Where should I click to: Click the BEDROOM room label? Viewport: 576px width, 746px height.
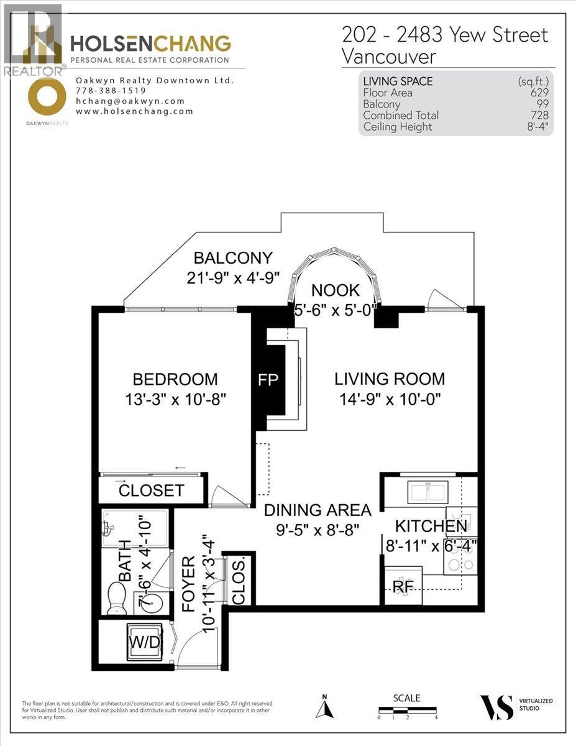[x=175, y=379]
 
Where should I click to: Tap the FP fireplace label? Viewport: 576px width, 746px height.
[x=271, y=380]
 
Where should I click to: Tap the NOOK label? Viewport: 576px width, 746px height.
[x=335, y=289]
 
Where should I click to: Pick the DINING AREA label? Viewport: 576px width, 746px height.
[x=318, y=510]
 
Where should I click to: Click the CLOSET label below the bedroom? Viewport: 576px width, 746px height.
[x=151, y=490]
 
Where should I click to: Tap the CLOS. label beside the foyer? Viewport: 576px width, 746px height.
[x=239, y=581]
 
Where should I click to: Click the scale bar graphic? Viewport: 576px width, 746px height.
[x=407, y=709]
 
